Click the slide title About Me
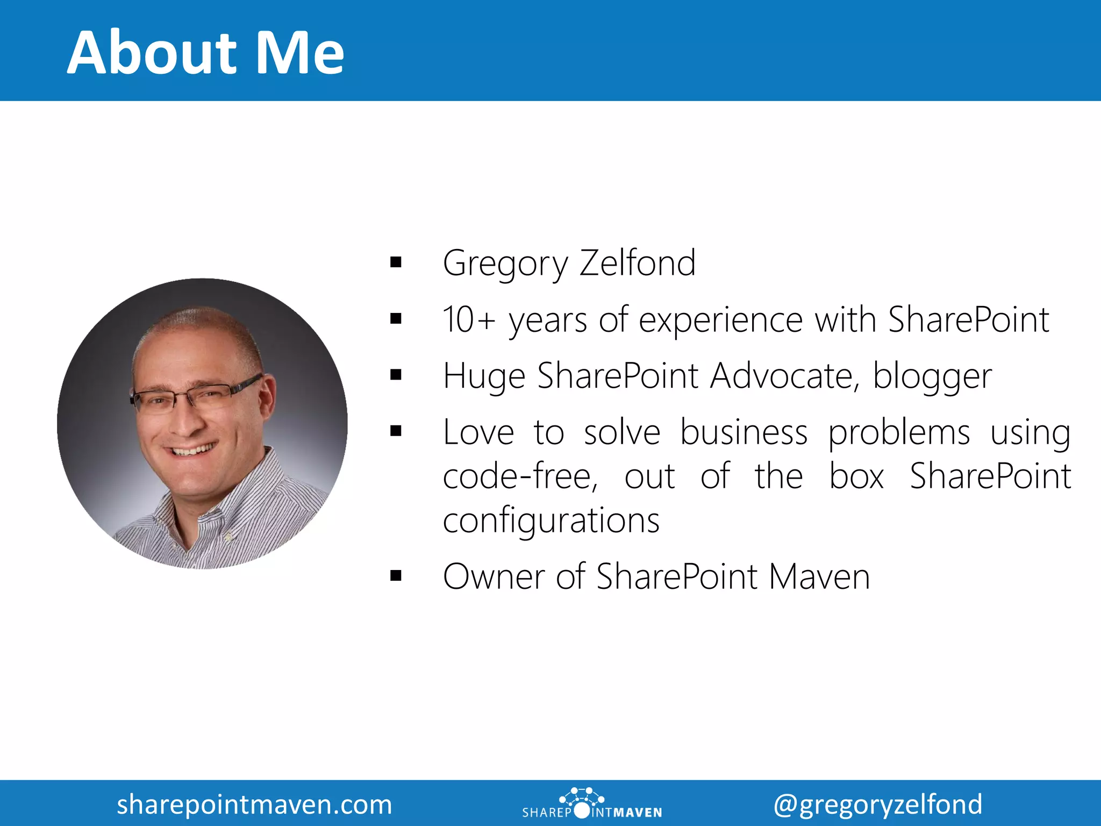(x=205, y=53)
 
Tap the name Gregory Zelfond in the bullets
(x=569, y=264)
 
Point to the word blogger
(x=932, y=376)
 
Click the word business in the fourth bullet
(x=743, y=432)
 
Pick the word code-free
(x=520, y=476)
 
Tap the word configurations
(x=551, y=521)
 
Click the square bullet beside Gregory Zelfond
(x=396, y=263)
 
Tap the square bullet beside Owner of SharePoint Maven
(x=396, y=576)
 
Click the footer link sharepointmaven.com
(x=254, y=804)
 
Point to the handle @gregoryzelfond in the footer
(x=877, y=804)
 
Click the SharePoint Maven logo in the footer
(x=592, y=804)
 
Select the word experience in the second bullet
(x=720, y=321)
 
